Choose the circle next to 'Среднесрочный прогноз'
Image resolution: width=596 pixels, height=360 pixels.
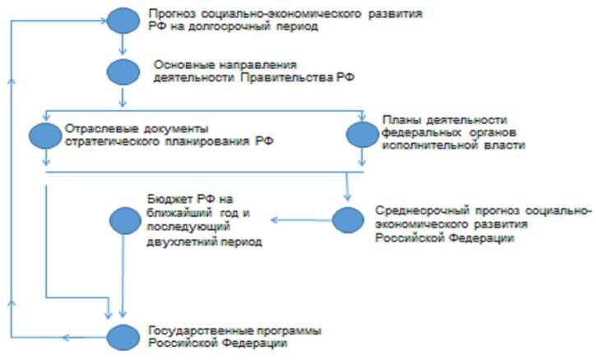click(347, 219)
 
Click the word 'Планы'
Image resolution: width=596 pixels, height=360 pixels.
click(400, 119)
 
